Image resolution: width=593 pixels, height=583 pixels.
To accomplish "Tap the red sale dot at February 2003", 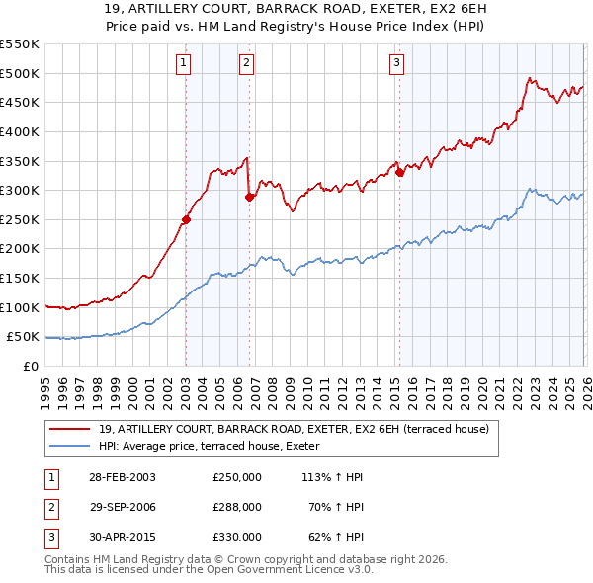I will click(x=186, y=219).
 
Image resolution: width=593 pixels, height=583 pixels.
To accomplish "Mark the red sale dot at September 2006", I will click(x=249, y=197).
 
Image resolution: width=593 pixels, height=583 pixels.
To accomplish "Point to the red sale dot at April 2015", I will click(x=399, y=172).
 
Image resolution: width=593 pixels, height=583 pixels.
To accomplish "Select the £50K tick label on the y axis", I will click(x=23, y=337).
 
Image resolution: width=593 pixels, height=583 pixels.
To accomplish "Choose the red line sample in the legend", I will click(x=70, y=429).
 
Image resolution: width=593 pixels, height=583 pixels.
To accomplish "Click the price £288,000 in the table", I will click(x=237, y=507).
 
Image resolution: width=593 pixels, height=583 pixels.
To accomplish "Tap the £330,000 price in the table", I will click(x=237, y=537).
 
